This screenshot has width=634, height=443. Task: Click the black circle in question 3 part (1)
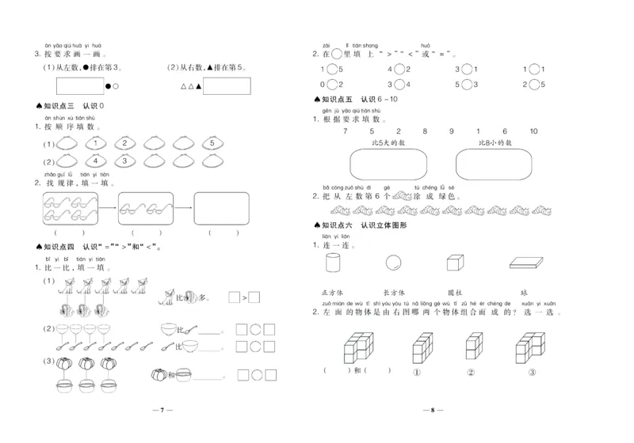pyautogui.click(x=107, y=86)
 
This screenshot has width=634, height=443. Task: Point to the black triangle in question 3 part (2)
pyautogui.click(x=199, y=86)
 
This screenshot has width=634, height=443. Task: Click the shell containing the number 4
pyautogui.click(x=94, y=161)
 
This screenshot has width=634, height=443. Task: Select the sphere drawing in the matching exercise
pyautogui.click(x=393, y=263)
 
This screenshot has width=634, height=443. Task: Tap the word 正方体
pyautogui.click(x=332, y=293)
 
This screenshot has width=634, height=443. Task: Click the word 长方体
pyautogui.click(x=394, y=293)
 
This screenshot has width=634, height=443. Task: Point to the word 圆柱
pyautogui.click(x=454, y=293)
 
